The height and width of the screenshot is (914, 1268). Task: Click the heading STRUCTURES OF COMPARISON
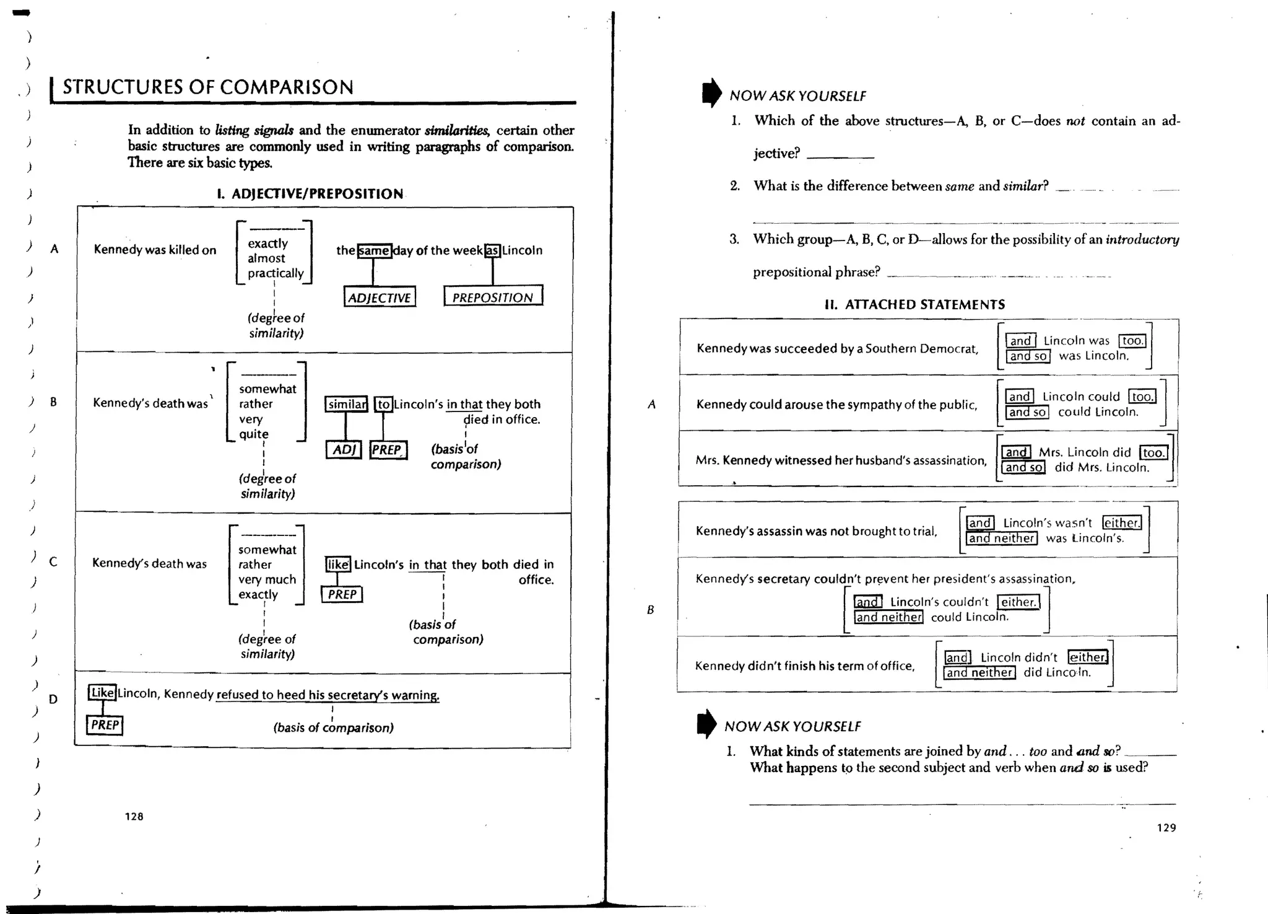(208, 87)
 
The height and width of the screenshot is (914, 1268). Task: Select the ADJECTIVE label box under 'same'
(380, 297)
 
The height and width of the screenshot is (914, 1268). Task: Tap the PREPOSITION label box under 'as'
(493, 296)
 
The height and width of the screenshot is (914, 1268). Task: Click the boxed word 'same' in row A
(375, 250)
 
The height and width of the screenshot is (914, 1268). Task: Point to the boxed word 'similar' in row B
(347, 404)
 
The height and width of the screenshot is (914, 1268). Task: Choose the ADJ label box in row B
(344, 449)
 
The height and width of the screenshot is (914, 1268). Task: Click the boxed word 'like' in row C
(338, 564)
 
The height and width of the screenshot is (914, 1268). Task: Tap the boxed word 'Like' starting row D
(102, 692)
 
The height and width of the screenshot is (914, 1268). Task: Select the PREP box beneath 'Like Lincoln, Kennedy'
(105, 724)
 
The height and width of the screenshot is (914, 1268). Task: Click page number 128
(134, 816)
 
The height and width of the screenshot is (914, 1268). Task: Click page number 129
(1166, 827)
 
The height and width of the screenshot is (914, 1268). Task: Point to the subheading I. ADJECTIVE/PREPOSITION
(310, 193)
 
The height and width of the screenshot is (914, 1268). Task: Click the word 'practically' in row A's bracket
(276, 273)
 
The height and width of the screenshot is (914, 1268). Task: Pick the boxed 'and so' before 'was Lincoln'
(1028, 356)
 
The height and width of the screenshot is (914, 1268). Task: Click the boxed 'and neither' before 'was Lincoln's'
(1001, 538)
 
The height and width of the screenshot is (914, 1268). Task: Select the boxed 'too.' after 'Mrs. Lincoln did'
(1153, 452)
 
